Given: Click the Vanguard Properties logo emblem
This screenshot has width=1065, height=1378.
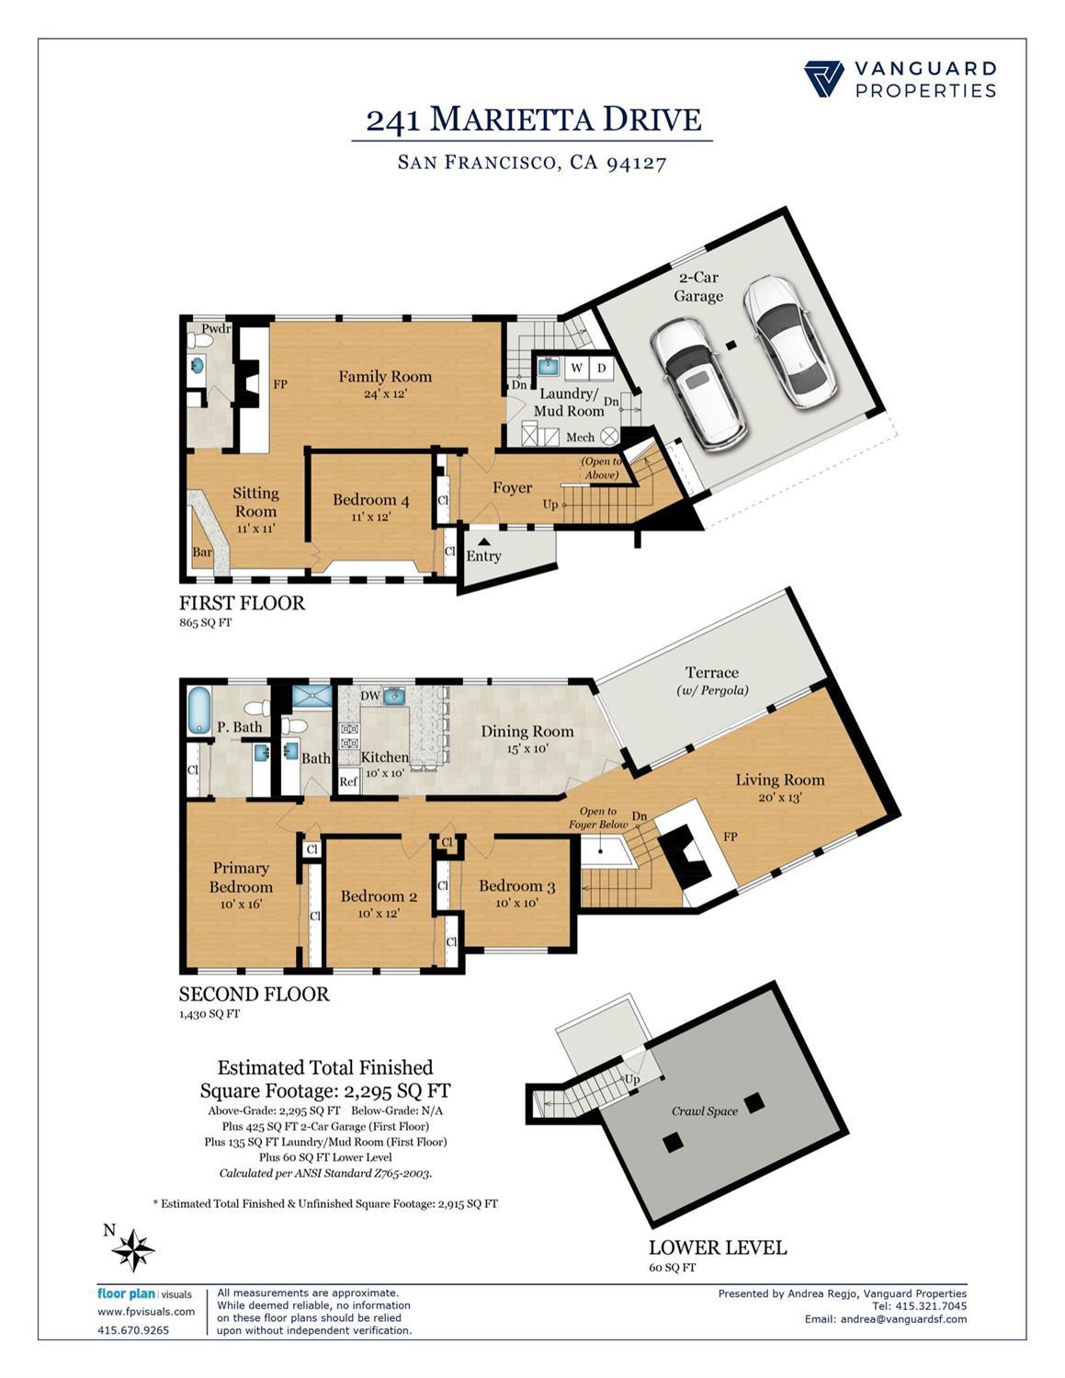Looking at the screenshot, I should coord(823,79).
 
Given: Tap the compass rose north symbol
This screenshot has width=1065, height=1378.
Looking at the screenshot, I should coord(134,1250).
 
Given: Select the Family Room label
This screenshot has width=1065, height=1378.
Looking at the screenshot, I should coord(384,376).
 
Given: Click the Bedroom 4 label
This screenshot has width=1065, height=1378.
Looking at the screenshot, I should coord(370,500).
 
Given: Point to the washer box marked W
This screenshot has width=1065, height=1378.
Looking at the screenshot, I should coord(577,369).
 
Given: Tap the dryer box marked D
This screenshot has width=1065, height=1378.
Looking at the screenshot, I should coord(602,369).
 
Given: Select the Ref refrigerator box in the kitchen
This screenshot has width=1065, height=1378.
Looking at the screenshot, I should coord(348,781).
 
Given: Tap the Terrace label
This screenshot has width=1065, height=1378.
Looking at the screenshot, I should coord(711,672).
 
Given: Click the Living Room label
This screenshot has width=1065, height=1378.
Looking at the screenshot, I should coord(779,780).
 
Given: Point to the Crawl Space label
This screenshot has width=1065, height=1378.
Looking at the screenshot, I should coord(705,1110).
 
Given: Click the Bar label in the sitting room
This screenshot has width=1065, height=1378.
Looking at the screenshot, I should coord(202,553).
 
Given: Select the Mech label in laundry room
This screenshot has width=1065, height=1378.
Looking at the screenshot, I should coord(580,438).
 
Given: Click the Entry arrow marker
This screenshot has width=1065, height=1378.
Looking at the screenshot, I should coord(483,542).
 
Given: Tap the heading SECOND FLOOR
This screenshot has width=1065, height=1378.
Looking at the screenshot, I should coord(254,994).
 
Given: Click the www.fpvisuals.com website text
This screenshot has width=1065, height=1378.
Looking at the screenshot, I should coord(146,1312).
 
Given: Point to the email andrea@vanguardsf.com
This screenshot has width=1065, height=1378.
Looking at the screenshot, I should coord(886,1319).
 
